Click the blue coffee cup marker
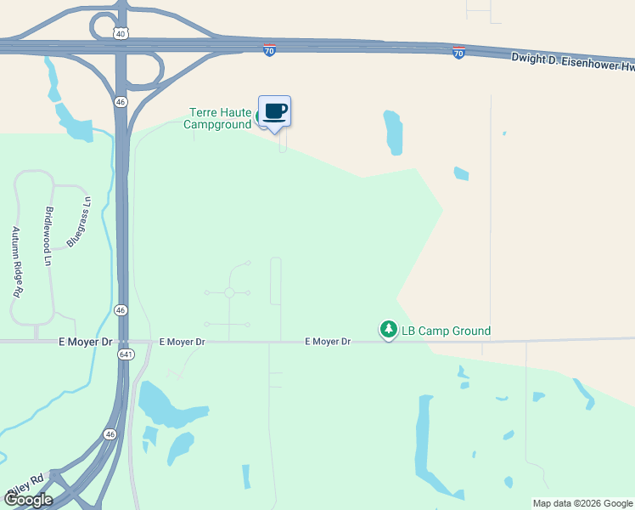tap(274, 111)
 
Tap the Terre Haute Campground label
tap(217, 118)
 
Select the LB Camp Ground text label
tap(446, 331)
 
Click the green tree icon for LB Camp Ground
tap(388, 329)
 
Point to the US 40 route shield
tap(121, 34)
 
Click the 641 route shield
tap(126, 354)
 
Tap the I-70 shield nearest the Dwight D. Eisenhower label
tap(458, 54)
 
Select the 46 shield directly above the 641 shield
tap(121, 310)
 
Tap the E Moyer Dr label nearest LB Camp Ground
tap(328, 342)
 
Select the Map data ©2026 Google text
tap(582, 503)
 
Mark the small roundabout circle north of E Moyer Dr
tap(229, 292)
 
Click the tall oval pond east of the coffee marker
tap(393, 133)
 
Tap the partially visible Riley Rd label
tap(25, 487)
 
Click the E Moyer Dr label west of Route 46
tap(85, 342)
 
